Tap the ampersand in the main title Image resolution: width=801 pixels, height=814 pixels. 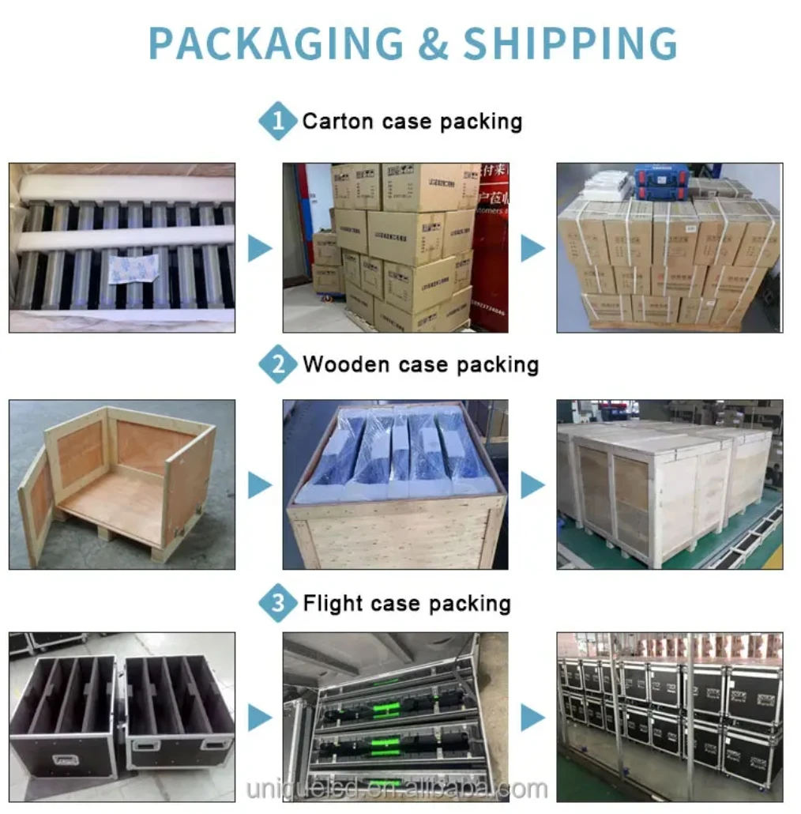pos(432,43)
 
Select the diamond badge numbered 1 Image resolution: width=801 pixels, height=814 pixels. pos(278,122)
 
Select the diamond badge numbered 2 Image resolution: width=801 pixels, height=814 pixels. pos(278,365)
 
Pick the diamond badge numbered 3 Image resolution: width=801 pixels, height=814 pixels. pos(278,605)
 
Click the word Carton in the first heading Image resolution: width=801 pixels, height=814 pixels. pos(337,122)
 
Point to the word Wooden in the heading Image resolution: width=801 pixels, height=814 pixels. pos(346,365)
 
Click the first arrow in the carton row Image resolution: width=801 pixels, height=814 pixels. pos(259,249)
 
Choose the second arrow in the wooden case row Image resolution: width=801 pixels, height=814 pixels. pos(532,485)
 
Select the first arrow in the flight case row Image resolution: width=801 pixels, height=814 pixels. pos(259,718)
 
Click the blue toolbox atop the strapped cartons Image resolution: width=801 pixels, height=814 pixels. pos(661,182)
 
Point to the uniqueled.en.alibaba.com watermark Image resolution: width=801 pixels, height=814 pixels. pos(397,789)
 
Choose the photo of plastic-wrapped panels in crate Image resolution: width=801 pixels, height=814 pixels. pos(395,484)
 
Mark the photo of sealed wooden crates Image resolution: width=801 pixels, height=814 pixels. pos(669,484)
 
